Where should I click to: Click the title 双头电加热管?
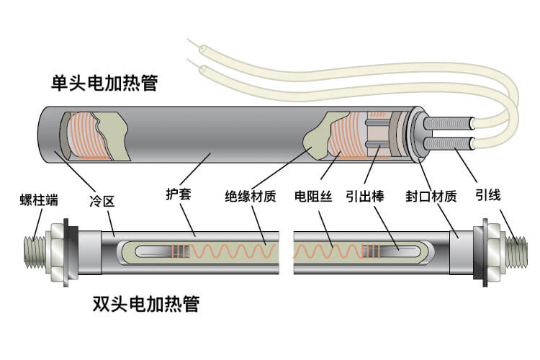146,303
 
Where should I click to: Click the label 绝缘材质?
250,196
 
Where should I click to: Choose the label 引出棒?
364,196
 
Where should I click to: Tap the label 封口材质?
431,196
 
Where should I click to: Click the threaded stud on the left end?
33,249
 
